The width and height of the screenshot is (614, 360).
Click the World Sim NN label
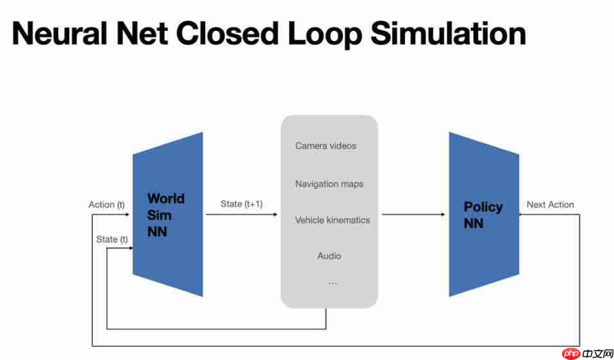click(x=165, y=215)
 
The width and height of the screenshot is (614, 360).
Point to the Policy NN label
click(x=483, y=215)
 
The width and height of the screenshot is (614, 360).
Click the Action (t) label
click(x=106, y=204)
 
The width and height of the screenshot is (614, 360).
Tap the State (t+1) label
click(x=242, y=204)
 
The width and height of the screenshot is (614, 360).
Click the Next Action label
click(x=550, y=204)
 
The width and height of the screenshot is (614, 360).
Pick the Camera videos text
click(x=326, y=145)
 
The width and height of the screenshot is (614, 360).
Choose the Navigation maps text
click(x=329, y=184)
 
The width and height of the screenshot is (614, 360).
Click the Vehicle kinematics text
click(x=332, y=220)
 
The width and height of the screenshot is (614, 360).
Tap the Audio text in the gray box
click(x=329, y=256)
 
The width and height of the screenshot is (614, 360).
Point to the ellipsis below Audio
click(x=332, y=282)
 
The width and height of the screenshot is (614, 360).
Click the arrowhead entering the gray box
click(x=276, y=215)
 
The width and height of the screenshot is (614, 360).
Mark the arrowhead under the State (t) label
click(x=128, y=249)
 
